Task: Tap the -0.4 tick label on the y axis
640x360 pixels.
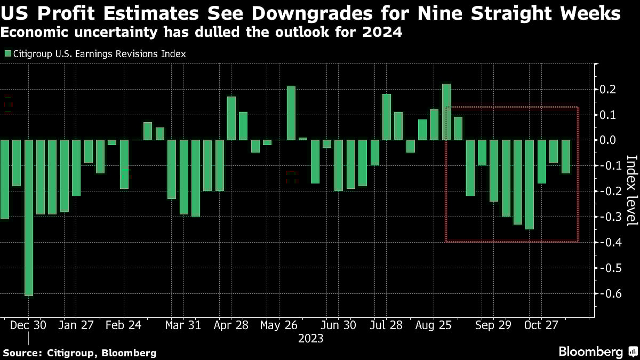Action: coord(609,242)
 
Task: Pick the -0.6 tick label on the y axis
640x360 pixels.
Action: coord(609,293)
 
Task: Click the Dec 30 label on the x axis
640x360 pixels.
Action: coord(28,325)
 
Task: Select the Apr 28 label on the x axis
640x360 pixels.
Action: coord(232,325)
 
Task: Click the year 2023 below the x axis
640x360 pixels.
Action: coord(310,338)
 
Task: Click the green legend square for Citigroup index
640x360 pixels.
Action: coord(7,54)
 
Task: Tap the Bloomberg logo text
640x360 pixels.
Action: coord(590,352)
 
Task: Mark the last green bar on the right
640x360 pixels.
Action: coord(565,157)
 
